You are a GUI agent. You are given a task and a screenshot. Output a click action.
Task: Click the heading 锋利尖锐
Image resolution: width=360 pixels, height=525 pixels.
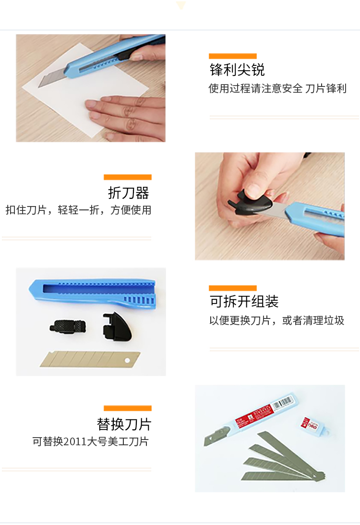(x=237, y=70)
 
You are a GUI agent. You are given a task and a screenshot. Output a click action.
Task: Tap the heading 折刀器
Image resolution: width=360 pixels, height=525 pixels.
(x=129, y=193)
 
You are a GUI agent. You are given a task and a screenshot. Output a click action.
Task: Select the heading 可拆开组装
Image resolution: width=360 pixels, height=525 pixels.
(x=244, y=301)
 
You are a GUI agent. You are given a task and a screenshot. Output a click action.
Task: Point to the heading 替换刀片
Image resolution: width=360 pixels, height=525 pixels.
(x=124, y=424)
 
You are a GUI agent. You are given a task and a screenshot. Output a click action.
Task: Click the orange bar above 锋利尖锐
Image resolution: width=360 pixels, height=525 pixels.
(x=232, y=56)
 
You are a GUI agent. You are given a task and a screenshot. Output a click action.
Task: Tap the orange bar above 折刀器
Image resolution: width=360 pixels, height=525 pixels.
(x=128, y=177)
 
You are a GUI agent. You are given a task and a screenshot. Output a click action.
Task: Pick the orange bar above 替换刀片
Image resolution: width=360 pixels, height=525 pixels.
(x=128, y=408)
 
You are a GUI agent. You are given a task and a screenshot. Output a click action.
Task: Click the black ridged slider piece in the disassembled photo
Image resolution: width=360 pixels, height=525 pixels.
(x=68, y=327)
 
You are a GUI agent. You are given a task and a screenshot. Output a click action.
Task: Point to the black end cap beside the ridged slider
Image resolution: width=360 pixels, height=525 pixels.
(x=117, y=327)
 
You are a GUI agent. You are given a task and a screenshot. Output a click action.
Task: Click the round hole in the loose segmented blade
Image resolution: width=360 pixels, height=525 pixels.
(x=127, y=360)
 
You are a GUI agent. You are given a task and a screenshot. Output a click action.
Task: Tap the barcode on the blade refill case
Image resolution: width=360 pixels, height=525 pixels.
(x=283, y=403)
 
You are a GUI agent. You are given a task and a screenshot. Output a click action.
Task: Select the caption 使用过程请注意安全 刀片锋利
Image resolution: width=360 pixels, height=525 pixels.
(x=277, y=88)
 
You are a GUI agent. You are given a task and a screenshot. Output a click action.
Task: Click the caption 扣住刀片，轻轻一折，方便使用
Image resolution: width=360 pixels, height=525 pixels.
(x=78, y=210)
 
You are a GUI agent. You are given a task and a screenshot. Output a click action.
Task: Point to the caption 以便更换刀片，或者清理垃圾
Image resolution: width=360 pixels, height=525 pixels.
(x=276, y=320)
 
